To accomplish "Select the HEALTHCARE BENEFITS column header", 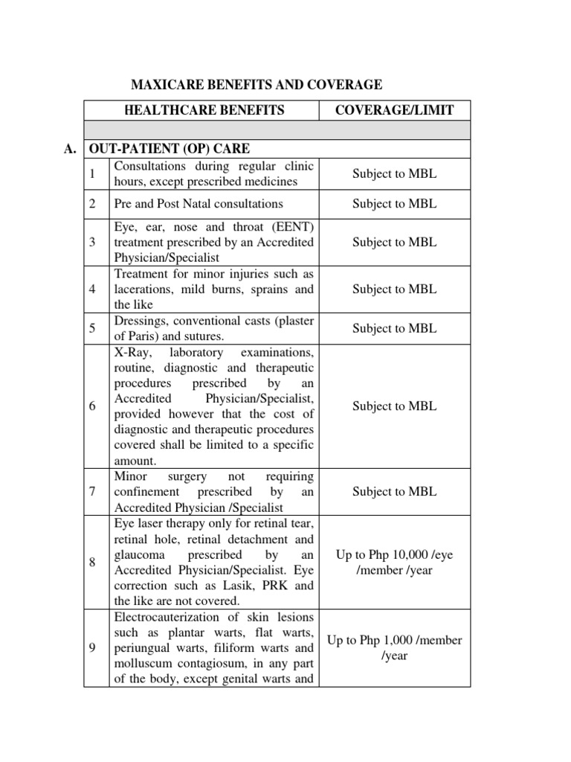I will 201,110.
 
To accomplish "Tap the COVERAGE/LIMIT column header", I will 395,110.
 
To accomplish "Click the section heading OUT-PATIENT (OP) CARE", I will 175,148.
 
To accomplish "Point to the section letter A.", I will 70,148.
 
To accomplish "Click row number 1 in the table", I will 91,173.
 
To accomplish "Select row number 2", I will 91,203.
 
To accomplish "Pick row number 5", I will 91,328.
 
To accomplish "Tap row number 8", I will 91,562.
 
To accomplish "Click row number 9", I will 91,647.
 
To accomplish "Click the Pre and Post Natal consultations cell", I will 199,203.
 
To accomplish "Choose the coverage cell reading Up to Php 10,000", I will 395,562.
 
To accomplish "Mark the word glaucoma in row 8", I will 138,554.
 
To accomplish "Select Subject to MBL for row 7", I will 395,491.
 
